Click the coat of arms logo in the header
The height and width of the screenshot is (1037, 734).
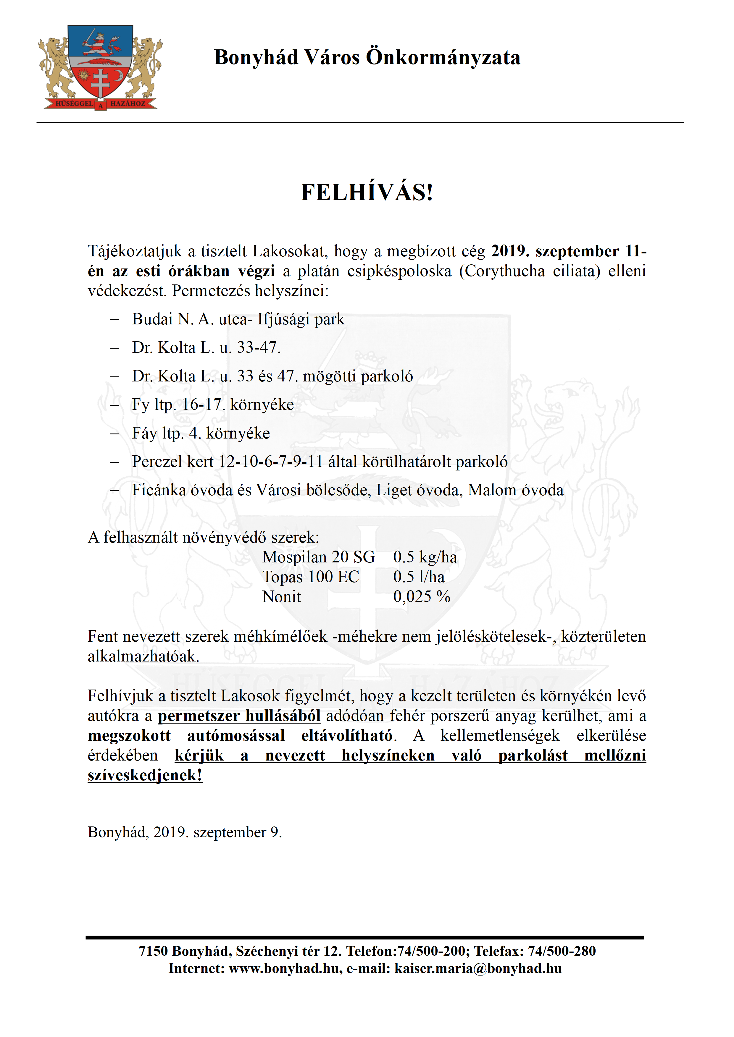point(100,68)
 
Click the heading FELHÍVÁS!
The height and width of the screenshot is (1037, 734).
point(367,193)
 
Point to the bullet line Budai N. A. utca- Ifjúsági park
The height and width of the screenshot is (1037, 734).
point(238,319)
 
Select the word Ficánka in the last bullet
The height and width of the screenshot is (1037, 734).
point(159,490)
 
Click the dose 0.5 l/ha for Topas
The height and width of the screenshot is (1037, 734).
point(419,577)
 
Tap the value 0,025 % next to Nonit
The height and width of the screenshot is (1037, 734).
point(422,597)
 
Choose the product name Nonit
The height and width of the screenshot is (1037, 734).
point(282,597)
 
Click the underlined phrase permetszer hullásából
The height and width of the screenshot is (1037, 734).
point(239,716)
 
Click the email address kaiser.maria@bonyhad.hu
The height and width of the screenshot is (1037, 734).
point(478,968)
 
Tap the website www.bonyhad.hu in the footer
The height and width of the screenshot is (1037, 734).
point(285,968)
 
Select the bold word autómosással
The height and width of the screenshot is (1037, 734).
point(236,736)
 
